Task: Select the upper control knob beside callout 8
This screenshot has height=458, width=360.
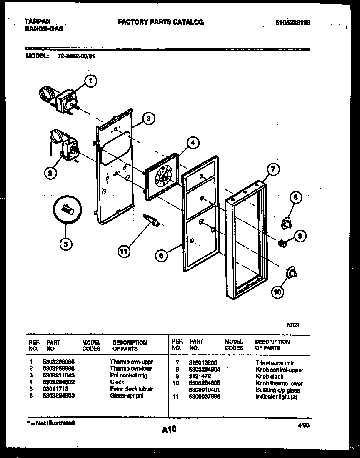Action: point(287,224)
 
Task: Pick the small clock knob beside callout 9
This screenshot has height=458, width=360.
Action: point(282,242)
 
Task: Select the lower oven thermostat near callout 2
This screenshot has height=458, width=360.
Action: point(69,149)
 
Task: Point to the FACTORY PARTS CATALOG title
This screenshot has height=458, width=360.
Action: point(161,22)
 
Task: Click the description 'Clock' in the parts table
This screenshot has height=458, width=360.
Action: point(117,382)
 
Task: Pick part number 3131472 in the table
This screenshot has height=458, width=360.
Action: point(200,376)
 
